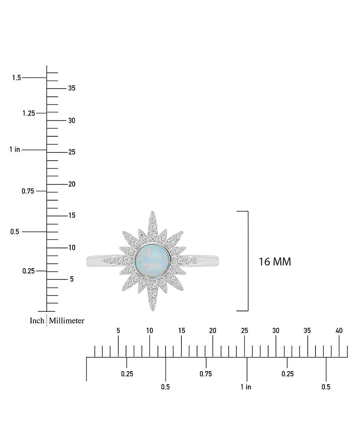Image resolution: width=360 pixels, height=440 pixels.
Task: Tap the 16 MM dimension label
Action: point(274,261)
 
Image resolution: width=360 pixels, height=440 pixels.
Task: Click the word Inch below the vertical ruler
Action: point(37,321)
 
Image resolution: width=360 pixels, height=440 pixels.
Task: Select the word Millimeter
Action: point(67,321)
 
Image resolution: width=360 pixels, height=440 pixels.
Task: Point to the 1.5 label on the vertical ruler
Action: point(17,78)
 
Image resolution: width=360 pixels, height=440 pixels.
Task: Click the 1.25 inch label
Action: point(28,113)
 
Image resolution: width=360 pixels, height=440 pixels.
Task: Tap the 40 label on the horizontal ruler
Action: point(339,331)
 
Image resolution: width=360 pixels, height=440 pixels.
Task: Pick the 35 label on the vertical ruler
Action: point(72,88)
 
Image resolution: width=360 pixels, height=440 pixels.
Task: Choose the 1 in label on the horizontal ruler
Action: point(246,387)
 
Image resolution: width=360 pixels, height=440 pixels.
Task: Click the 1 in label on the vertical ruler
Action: point(14,149)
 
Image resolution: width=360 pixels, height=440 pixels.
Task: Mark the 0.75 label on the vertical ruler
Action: point(28,191)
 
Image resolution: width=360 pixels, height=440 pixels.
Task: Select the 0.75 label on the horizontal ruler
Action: point(206,374)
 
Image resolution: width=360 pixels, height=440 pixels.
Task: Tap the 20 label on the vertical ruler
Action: point(72,184)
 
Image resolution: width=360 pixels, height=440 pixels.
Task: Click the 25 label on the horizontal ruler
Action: point(244,331)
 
